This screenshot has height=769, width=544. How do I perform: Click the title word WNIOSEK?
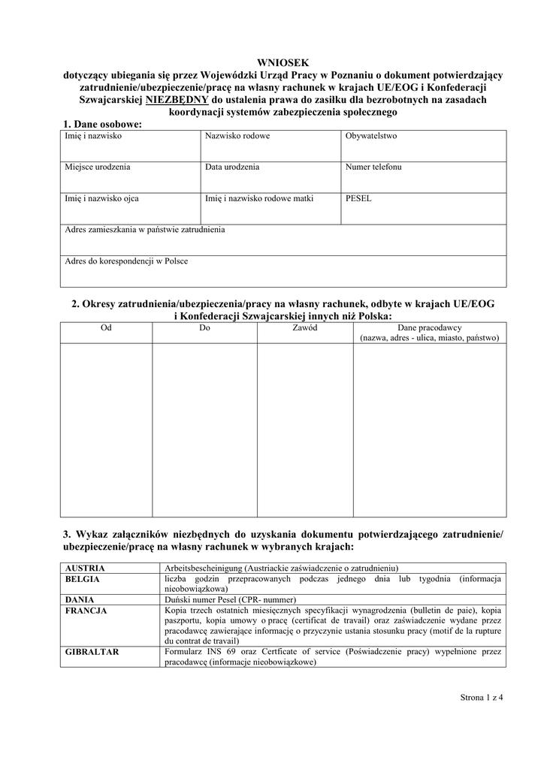[283, 64]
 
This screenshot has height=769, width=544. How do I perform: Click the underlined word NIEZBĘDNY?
[177, 100]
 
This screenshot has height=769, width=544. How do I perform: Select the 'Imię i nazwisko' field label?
[93, 136]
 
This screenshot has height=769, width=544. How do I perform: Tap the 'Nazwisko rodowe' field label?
[237, 136]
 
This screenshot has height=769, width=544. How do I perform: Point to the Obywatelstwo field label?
[371, 136]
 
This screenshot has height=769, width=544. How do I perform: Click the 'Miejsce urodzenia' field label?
[98, 167]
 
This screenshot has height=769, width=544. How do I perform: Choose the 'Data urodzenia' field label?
[232, 167]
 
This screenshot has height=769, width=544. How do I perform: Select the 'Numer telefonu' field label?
[373, 167]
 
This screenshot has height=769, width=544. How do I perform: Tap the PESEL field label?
[358, 199]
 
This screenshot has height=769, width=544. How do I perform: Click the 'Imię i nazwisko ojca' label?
[101, 199]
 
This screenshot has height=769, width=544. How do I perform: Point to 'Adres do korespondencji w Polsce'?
[126, 261]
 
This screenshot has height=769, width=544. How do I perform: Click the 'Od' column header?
[106, 328]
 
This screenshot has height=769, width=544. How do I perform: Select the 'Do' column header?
[204, 328]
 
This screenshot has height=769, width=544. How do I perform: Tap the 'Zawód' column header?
[304, 328]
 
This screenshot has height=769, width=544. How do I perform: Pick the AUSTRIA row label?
[85, 568]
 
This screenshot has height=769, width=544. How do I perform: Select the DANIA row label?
[80, 600]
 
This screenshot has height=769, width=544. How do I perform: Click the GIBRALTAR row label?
[92, 652]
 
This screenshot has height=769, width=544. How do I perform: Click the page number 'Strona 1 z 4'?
[481, 698]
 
